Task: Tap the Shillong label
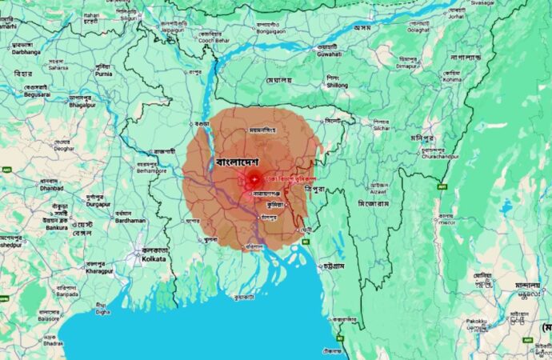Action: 337,85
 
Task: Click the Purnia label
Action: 106,74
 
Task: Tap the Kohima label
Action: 453,79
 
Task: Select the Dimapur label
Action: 407,67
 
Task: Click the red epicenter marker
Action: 254,179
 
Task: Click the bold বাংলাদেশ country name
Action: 239,162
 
